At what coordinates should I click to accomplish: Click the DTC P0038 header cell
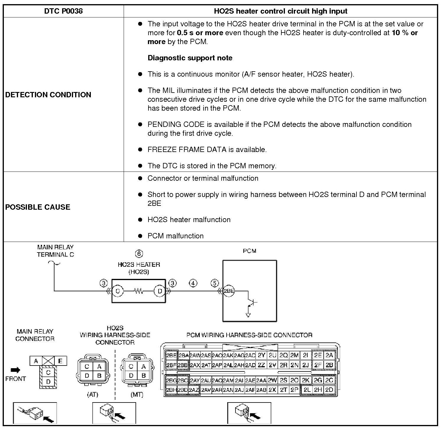pos(63,11)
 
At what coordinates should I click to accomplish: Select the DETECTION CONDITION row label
pos(48,95)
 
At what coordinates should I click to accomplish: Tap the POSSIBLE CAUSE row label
pos(38,207)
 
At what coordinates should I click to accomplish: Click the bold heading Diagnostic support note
pos(190,58)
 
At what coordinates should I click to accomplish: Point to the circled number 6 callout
pos(139,254)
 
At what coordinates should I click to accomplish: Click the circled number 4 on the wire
pos(193,283)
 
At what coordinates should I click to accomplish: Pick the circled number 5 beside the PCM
pos(215,283)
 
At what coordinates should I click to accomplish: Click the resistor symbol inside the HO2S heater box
pos(138,291)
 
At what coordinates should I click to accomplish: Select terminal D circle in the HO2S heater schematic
pos(160,291)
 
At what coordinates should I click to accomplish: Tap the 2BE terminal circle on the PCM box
pos(228,291)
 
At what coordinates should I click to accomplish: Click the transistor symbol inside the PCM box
pos(252,302)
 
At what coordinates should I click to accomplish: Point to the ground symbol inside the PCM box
pos(248,315)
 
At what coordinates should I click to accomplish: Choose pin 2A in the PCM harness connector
pos(329,355)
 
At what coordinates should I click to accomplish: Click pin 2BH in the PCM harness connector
pos(171,390)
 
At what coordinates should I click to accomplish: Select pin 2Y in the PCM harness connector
pos(261,355)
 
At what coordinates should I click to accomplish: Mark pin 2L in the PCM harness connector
pos(307,390)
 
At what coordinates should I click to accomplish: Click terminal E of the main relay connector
pos(60,361)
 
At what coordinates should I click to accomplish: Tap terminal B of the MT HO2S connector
pos(143,376)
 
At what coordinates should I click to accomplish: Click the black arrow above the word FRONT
pos(15,370)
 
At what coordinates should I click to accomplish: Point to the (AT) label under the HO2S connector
pos(92,395)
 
